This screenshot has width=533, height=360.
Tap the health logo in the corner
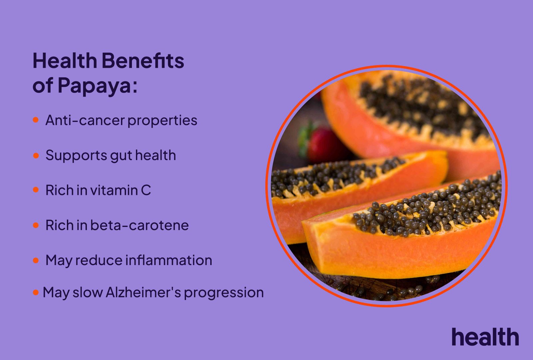485,337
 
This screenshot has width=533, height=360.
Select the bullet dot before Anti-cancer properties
36,120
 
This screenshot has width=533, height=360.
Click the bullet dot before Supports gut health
36,155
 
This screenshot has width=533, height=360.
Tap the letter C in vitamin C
146,190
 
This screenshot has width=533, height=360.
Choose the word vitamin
114,190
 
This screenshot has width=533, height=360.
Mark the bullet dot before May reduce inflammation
36,260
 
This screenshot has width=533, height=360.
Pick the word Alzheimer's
143,293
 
